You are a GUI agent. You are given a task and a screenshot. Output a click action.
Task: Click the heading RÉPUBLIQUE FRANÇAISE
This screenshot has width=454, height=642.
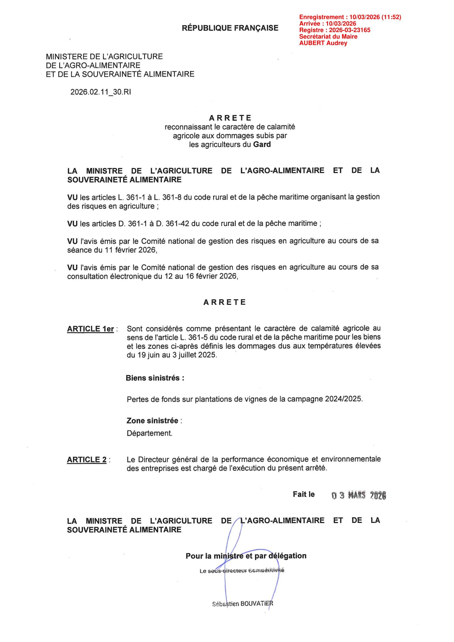point(230,28)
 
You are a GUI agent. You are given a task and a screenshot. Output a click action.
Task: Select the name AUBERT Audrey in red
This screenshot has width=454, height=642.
point(323,43)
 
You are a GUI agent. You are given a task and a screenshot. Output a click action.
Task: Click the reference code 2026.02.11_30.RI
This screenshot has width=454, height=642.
point(101,92)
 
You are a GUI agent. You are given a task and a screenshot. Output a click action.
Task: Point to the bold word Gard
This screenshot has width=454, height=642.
point(262,144)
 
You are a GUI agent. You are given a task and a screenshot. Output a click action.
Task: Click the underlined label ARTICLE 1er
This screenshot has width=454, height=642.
point(90,329)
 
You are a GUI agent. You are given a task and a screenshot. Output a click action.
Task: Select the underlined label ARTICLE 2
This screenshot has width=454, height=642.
point(87,460)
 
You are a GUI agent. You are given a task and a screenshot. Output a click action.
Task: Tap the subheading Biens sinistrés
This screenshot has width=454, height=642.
point(155,378)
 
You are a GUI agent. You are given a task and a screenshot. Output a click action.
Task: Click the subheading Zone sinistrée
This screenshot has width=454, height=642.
point(152,421)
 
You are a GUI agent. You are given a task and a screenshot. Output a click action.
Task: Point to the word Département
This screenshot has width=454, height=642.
point(150,433)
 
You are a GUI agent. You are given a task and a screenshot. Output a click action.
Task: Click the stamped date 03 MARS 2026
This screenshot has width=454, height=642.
point(359,495)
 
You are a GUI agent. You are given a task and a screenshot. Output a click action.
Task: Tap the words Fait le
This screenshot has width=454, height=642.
point(304,494)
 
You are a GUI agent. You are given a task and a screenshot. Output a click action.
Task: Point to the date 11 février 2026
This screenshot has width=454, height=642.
point(130,250)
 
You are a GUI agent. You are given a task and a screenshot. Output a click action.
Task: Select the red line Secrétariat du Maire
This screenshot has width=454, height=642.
point(328,37)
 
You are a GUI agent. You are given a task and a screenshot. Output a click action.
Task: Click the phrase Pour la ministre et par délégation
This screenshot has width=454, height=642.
point(246,556)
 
